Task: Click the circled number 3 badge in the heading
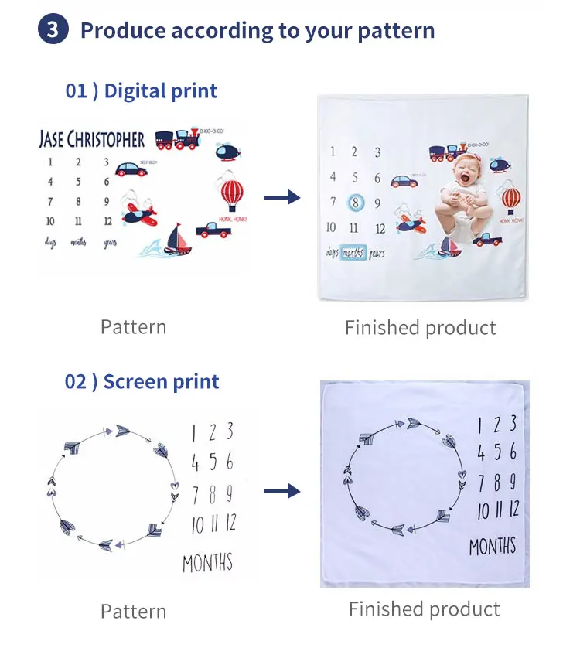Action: tap(53, 30)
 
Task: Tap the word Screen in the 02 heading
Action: tap(134, 381)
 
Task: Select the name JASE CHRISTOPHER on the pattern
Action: tap(91, 140)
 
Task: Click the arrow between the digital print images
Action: tap(281, 199)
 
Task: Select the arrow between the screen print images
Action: tap(281, 490)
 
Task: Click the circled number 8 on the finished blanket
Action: tap(355, 203)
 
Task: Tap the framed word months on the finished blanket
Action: tap(352, 253)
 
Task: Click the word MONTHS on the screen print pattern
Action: tap(207, 562)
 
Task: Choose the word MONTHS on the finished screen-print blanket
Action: tap(493, 547)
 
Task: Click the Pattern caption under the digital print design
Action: tap(133, 327)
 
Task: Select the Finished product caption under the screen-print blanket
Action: tap(424, 609)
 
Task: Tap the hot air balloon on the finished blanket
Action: tap(511, 198)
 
